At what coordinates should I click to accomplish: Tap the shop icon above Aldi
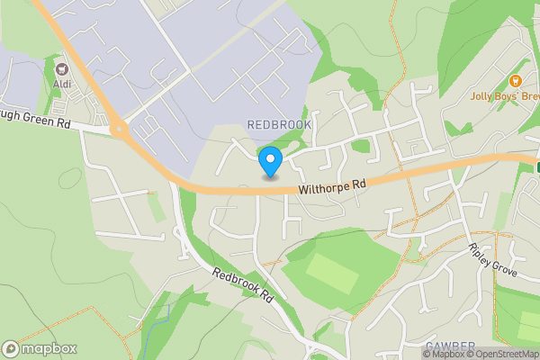coord(62,68)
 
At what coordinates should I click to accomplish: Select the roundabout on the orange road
coord(118,130)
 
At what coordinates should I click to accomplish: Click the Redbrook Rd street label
coord(244,290)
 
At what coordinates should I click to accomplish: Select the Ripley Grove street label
coord(493,259)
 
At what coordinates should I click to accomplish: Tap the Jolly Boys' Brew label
coord(504,94)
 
